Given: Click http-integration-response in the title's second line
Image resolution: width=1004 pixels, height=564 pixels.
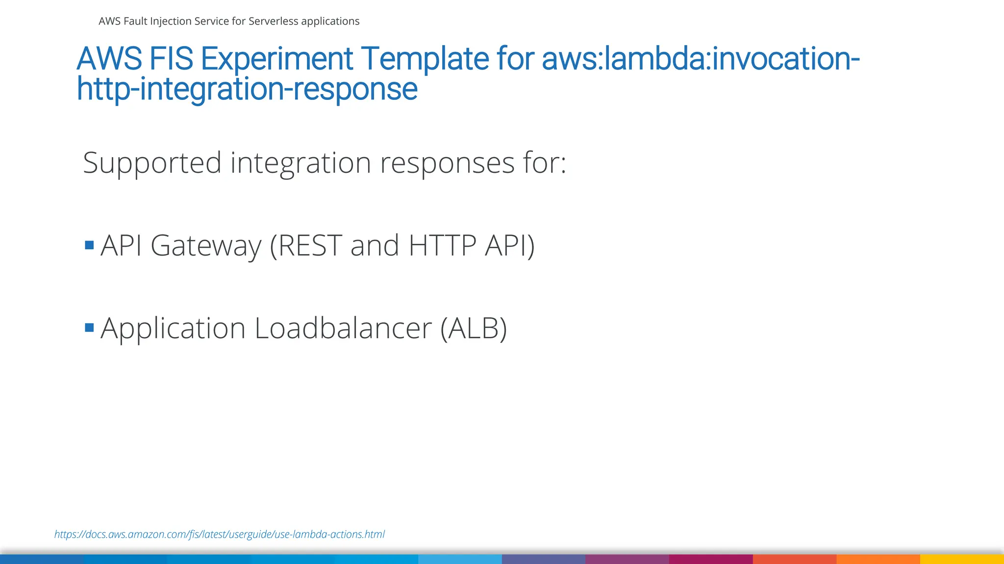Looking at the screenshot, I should pos(247,89).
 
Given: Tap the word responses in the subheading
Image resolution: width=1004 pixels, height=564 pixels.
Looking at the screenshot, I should pos(447,163).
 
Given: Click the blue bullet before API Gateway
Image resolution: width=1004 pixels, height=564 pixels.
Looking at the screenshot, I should pos(89,245).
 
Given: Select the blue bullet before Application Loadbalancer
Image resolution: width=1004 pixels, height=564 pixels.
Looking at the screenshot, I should pos(89,328).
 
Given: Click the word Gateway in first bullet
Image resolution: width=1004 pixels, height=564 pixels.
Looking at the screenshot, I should pos(206,246).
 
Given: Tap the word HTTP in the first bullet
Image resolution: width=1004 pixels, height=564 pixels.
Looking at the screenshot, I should pos(442,245).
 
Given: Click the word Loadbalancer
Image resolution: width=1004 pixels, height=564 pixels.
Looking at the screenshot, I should pos(343,328).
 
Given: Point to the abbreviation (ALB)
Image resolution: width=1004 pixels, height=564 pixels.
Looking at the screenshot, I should pos(474,328).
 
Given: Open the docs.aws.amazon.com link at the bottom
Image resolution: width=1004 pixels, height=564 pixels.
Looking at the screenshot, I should pos(219,534).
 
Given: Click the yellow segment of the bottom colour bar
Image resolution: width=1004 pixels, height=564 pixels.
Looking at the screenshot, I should pos(962,559).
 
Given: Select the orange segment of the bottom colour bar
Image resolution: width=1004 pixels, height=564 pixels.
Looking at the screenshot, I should pos(878,559).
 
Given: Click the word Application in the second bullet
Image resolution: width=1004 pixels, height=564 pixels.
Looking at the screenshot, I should pos(173,329).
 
